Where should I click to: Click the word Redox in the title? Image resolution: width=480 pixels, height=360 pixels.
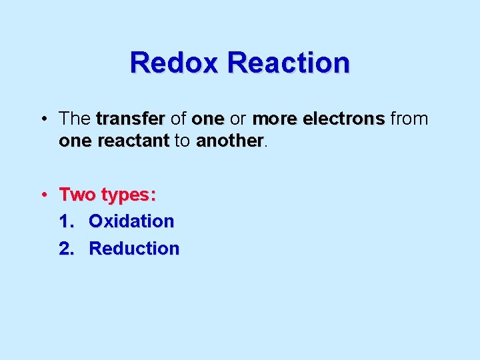click(x=175, y=63)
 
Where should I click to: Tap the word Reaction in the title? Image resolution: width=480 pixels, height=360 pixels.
click(x=288, y=63)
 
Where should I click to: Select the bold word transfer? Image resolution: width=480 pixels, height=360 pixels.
click(x=130, y=119)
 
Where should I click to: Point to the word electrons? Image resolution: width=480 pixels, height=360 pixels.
click(x=344, y=119)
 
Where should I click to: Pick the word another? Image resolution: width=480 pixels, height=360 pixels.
click(x=229, y=141)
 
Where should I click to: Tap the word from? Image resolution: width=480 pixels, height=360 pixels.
click(x=409, y=119)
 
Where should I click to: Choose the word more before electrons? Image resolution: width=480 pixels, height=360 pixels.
click(x=275, y=119)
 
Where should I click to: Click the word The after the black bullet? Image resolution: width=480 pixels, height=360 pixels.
click(x=75, y=119)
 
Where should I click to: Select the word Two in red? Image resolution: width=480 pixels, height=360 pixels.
click(x=77, y=195)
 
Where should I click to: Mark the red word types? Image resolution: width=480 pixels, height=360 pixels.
click(x=129, y=195)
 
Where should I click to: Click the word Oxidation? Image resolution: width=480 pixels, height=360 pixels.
click(x=131, y=221)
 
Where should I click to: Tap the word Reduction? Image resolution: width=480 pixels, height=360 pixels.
click(x=134, y=249)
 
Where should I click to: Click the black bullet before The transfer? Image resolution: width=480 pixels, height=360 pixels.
click(x=43, y=120)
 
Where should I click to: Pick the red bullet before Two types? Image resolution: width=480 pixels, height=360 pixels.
click(x=43, y=195)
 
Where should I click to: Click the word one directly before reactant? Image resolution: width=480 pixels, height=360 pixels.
click(x=75, y=141)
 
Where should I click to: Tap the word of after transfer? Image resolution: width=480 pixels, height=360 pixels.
click(x=178, y=119)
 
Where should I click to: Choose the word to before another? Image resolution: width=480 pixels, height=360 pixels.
click(x=182, y=141)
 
